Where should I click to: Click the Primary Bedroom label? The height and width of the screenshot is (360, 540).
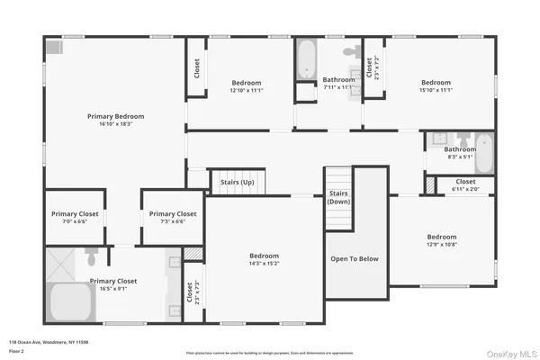coord(115,116)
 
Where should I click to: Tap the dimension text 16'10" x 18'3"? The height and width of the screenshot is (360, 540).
coord(115,124)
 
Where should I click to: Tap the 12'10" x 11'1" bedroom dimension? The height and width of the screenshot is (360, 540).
coord(245,89)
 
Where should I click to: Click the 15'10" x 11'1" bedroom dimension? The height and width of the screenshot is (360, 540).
coord(435,89)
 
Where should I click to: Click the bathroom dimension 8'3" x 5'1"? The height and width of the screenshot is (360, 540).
coord(459,157)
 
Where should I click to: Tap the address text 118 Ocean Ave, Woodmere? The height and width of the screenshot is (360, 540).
coord(49,342)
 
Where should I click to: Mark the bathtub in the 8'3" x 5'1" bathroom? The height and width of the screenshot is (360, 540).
coord(484,154)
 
